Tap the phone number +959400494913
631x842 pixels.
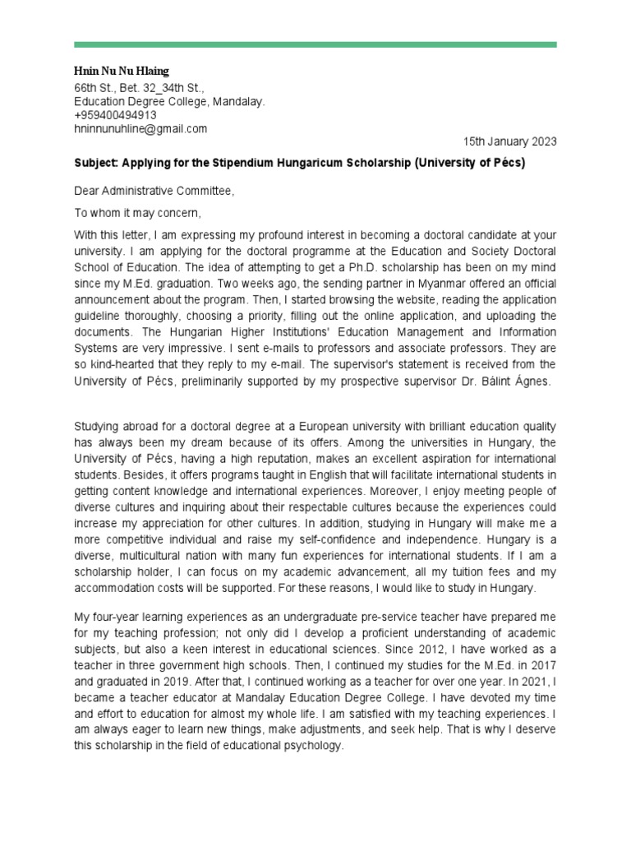coord(115,115)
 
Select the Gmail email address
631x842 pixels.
coord(140,129)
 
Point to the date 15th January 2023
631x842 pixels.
coord(509,141)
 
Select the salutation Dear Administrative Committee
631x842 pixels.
coord(154,192)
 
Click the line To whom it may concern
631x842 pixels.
coord(137,213)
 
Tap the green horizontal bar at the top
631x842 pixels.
coord(315,44)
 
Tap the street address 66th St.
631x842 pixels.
coord(92,87)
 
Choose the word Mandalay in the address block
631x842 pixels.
coord(239,102)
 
